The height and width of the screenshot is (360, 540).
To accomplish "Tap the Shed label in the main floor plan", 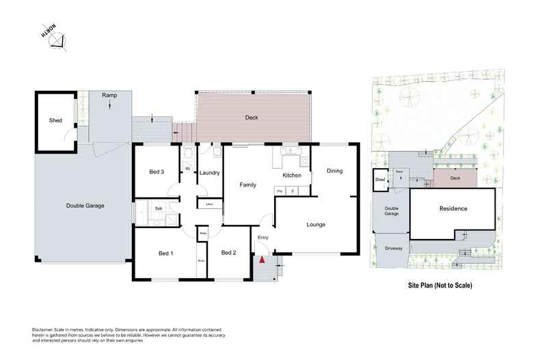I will [x=55, y=120].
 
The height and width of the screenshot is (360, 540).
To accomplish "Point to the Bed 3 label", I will [x=157, y=171].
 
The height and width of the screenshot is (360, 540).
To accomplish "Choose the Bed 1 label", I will [x=165, y=253].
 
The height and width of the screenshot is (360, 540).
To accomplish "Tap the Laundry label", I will [x=209, y=174].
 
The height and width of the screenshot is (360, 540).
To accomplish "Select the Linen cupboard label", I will [x=209, y=204].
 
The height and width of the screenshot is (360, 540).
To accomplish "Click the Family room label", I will [x=247, y=184].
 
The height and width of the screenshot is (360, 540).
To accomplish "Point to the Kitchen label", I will [x=292, y=176].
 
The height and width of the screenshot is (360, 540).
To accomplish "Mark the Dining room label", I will [x=334, y=171].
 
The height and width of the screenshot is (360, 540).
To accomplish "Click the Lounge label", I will [x=316, y=224].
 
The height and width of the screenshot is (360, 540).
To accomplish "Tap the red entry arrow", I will [x=261, y=260].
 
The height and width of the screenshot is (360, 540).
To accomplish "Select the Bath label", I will [x=158, y=208].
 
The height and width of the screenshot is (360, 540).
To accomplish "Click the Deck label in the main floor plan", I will [x=252, y=117].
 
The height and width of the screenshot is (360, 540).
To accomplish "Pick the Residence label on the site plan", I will [x=453, y=208].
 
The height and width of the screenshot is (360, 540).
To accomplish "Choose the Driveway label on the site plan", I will [x=392, y=248].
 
